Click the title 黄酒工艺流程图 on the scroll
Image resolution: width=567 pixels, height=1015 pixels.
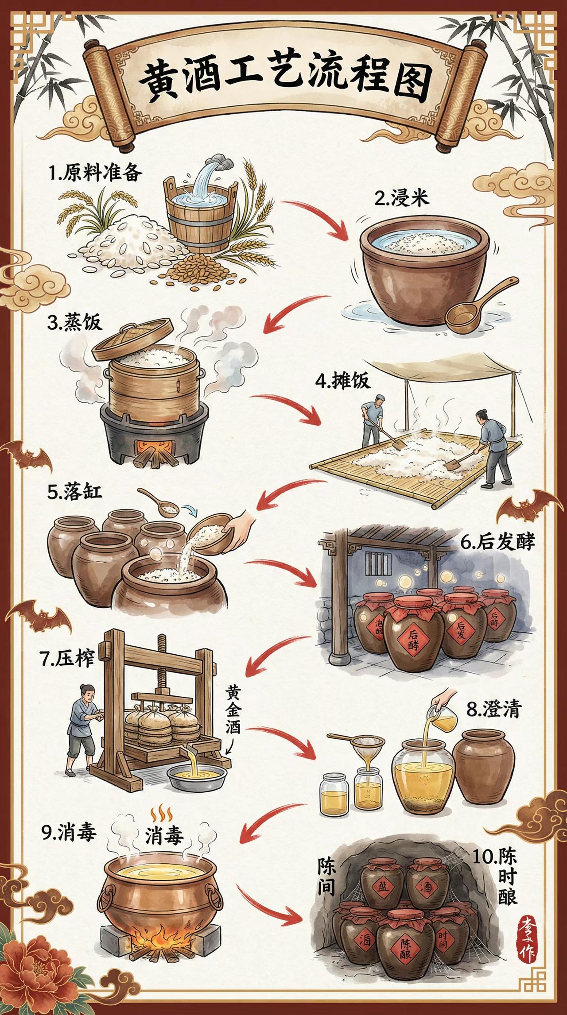283,82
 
